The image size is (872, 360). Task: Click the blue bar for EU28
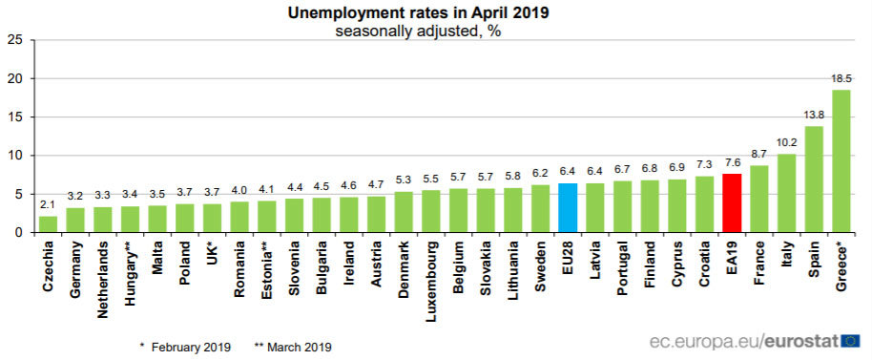point(568,207)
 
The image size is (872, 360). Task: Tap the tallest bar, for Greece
point(841,161)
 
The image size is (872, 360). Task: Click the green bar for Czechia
point(48,223)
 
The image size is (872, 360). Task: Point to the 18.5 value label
point(841,79)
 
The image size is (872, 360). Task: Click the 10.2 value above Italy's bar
point(786,143)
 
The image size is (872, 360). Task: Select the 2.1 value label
point(48,205)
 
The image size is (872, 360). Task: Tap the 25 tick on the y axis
point(15,40)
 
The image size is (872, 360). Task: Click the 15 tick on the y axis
point(15,117)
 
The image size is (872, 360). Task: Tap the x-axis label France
point(759,263)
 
